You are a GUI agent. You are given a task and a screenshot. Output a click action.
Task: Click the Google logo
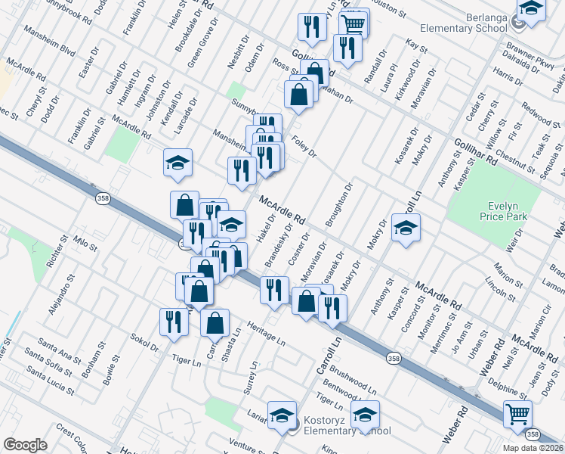(25, 445)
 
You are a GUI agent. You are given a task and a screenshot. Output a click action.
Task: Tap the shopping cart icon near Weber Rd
(517, 414)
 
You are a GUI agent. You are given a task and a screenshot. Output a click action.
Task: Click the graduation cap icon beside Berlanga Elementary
(531, 10)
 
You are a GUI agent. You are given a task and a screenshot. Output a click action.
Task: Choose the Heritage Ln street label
(264, 337)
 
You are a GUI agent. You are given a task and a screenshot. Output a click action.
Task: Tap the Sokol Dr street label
(144, 342)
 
